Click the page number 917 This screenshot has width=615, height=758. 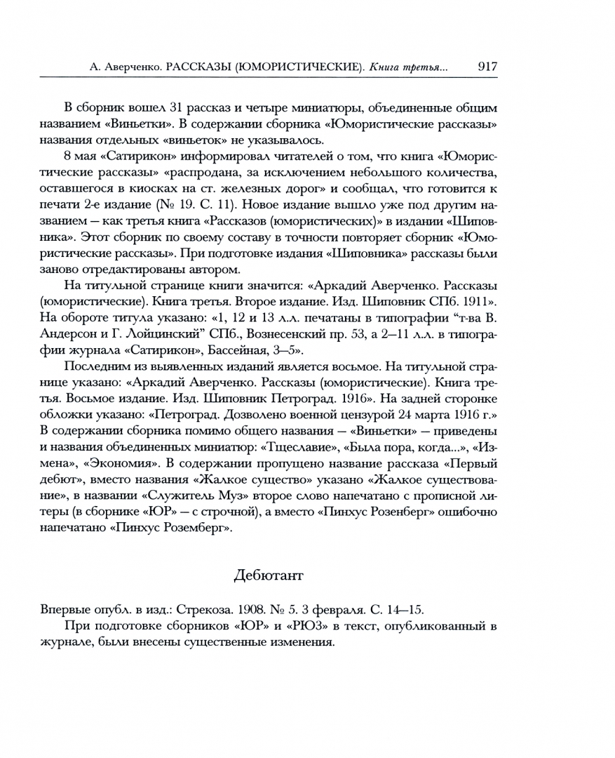coord(487,67)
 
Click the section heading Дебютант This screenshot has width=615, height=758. coord(269,576)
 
